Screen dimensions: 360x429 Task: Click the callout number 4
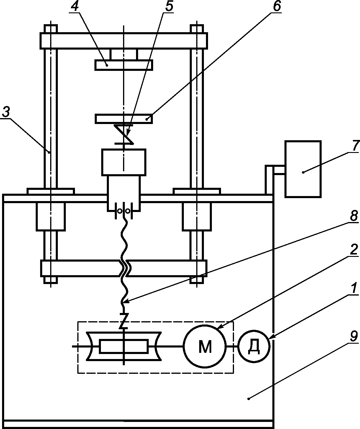pos(75,7)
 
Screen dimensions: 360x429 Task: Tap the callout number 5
pos(169,7)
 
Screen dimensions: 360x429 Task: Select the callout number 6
pos(276,7)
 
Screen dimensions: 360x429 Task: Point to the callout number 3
pos(6,112)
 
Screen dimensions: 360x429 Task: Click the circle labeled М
pos(205,346)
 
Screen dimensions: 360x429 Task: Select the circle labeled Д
pos(254,346)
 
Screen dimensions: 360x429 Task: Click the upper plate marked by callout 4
pos(124,65)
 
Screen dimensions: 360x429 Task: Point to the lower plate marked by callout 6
pos(124,119)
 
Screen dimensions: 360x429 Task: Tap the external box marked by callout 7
pos(303,169)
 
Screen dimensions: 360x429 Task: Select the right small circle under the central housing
pos(128,211)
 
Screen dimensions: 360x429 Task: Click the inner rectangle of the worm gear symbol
pos(124,346)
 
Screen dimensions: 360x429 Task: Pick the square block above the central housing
pos(124,162)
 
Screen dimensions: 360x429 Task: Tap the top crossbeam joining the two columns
pos(124,41)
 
